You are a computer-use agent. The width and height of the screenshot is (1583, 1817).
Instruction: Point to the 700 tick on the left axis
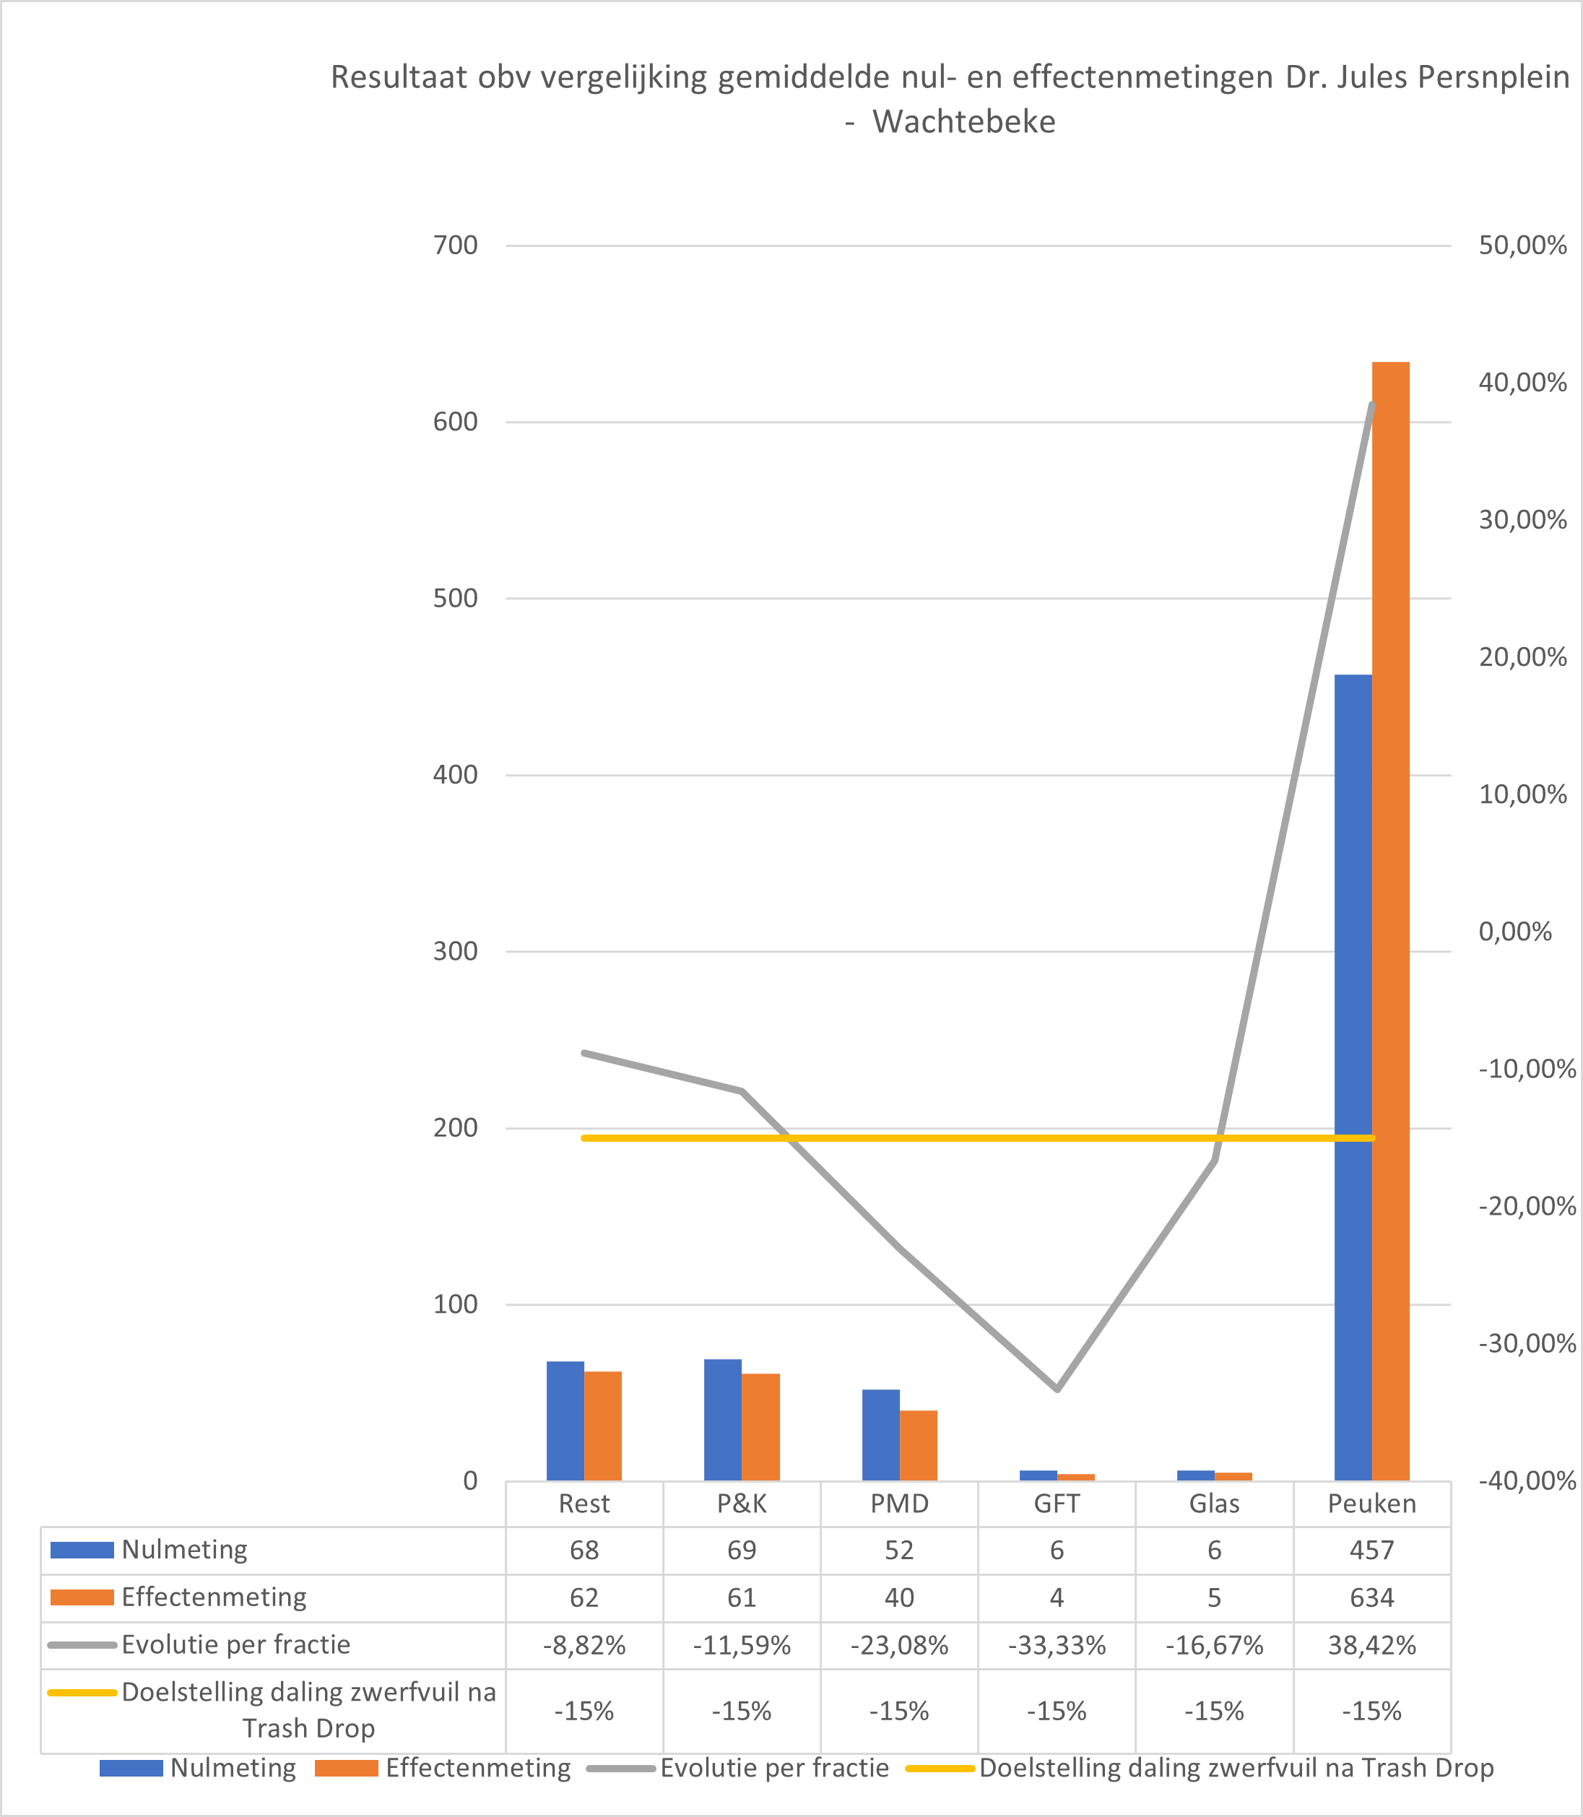click(455, 246)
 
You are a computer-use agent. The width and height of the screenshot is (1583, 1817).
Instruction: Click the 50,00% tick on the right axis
click(1522, 246)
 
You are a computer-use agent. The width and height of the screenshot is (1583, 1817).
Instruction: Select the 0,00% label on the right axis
click(1514, 932)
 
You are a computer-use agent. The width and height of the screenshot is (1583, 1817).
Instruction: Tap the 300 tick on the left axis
click(455, 951)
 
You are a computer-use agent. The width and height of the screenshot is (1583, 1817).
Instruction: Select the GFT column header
click(1057, 1504)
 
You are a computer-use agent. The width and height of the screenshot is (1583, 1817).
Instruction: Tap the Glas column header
click(1214, 1504)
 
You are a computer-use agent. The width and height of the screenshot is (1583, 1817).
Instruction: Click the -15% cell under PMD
click(899, 1711)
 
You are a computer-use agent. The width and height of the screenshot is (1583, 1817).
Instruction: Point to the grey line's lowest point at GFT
click(1057, 1389)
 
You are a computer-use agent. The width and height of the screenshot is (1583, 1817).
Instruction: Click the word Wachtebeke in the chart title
click(964, 122)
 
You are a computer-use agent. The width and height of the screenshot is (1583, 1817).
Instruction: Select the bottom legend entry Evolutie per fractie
click(774, 1768)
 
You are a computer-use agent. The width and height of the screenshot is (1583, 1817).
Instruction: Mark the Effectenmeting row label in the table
click(214, 1597)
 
